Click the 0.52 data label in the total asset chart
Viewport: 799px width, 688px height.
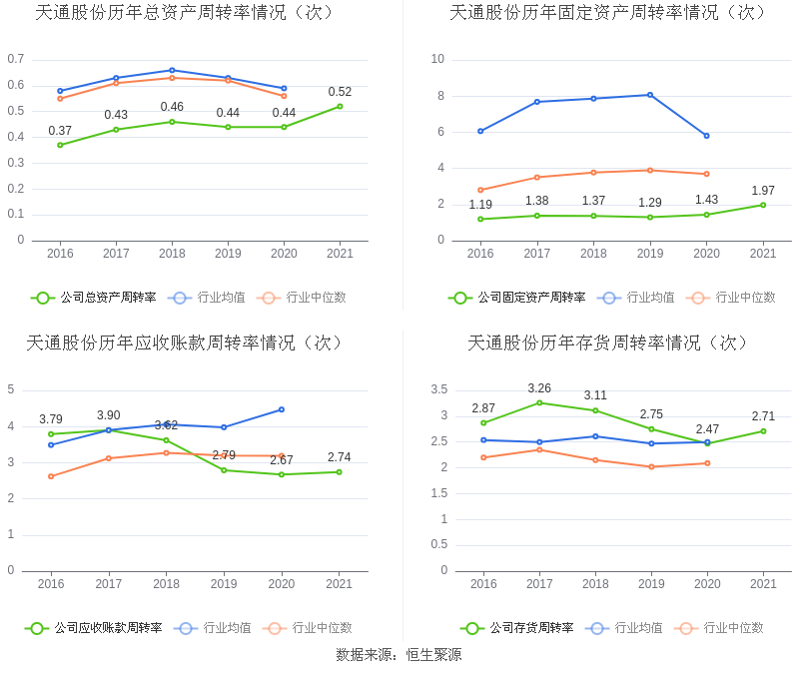point(340,92)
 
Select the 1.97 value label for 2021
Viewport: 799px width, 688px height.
point(763,191)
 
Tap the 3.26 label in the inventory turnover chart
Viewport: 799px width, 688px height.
point(539,388)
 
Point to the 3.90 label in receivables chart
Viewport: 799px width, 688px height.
point(109,415)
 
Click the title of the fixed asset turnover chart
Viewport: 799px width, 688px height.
point(608,13)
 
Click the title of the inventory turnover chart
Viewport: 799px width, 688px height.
point(608,343)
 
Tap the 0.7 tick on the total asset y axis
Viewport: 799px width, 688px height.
point(16,59)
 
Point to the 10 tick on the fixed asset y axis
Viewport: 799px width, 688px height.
point(437,59)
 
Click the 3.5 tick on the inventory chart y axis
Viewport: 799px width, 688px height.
point(439,389)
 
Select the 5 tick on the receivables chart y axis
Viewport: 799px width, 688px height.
point(11,389)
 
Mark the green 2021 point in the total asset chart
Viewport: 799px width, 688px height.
point(340,106)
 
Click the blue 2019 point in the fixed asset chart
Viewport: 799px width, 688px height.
point(650,95)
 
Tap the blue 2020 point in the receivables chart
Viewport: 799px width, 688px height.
point(282,409)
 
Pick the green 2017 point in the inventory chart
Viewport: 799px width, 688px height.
point(539,402)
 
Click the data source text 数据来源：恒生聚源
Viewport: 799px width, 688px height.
point(399,655)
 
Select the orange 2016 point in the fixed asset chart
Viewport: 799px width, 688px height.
point(480,190)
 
